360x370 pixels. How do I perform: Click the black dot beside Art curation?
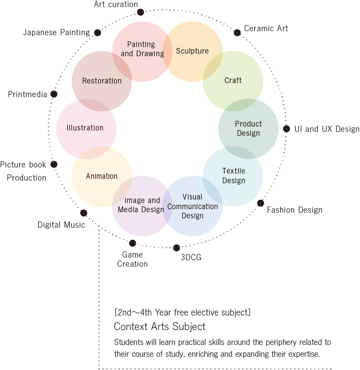tap(140, 12)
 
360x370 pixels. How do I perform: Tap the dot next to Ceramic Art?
tap(237, 33)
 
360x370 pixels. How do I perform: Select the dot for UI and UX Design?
tap(286, 129)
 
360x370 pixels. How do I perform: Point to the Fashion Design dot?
tap(260, 203)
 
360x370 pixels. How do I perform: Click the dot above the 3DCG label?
tap(176, 248)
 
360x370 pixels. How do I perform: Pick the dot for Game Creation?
tap(133, 243)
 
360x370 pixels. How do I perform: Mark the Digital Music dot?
tap(84, 213)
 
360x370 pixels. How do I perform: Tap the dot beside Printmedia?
tap(54, 94)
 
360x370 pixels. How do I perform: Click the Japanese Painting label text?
tap(56, 33)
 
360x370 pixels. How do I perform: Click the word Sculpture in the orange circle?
tap(192, 51)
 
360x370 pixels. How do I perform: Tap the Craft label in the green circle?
tap(233, 81)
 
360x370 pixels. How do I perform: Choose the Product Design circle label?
tap(248, 129)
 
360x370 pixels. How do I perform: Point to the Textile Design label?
tap(234, 176)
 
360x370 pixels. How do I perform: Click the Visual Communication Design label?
tap(192, 206)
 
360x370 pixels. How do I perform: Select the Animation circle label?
tap(102, 176)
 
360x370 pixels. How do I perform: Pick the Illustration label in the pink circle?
tap(85, 128)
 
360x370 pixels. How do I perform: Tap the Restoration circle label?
tap(102, 81)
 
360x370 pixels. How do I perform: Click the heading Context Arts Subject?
tap(159, 326)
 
